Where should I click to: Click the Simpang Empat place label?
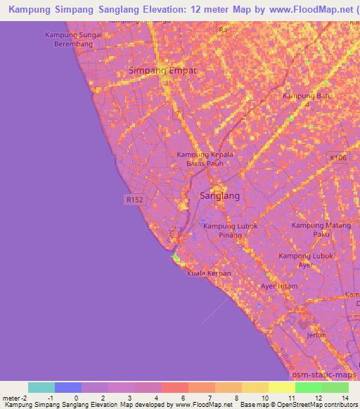[162, 70]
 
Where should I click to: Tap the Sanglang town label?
[219, 196]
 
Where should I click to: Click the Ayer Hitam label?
[278, 286]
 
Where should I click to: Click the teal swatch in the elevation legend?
[41, 387]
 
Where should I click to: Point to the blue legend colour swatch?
[68, 387]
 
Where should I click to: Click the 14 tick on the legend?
[346, 397]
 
